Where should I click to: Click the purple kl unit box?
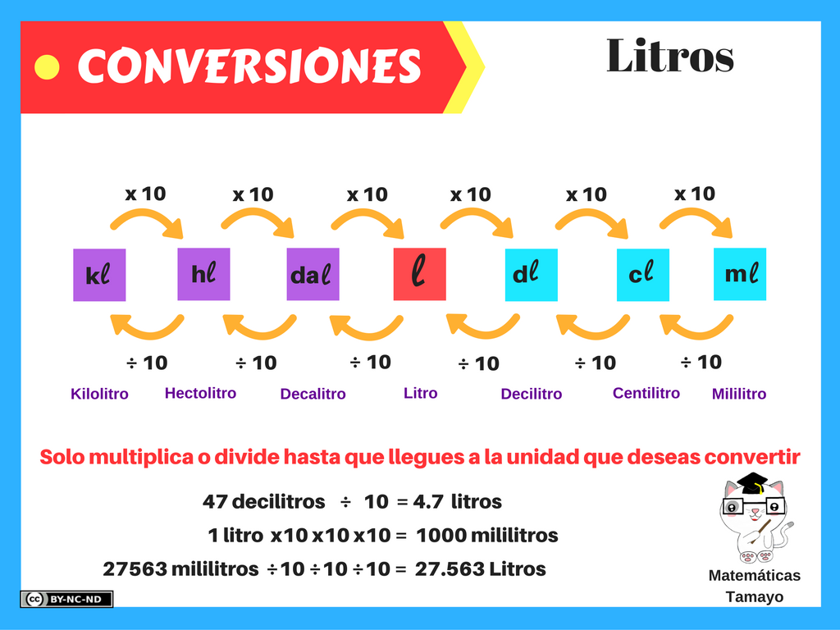pyautogui.click(x=99, y=275)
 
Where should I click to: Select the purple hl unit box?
pyautogui.click(x=203, y=274)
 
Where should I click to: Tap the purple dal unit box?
pyautogui.click(x=313, y=274)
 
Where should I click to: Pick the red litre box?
pyautogui.click(x=419, y=274)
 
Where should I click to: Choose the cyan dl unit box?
pyautogui.click(x=531, y=275)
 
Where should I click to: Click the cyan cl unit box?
pyautogui.click(x=642, y=275)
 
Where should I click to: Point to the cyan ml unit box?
pyautogui.click(x=740, y=274)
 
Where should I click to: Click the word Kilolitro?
pyautogui.click(x=99, y=394)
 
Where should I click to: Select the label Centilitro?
pyautogui.click(x=646, y=393)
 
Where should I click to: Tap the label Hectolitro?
pyautogui.click(x=200, y=393)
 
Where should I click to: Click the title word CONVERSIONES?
pyautogui.click(x=249, y=66)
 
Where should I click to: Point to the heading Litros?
pyautogui.click(x=669, y=56)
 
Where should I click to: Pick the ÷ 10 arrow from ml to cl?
pyautogui.click(x=695, y=326)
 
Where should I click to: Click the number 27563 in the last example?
pyautogui.click(x=134, y=568)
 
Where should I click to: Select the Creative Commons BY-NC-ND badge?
pyautogui.click(x=66, y=600)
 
